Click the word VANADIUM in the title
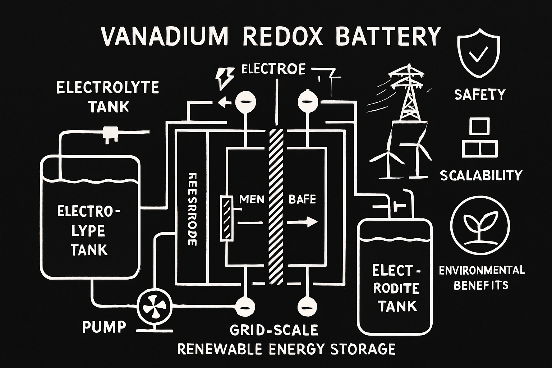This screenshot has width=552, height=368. click(x=164, y=36)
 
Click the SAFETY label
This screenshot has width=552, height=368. click(x=480, y=95)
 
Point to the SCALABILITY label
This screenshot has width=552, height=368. click(x=481, y=175)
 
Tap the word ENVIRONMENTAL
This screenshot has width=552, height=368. click(x=482, y=270)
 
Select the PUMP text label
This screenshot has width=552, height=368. click(x=104, y=327)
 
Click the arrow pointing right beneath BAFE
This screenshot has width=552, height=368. click(x=303, y=222)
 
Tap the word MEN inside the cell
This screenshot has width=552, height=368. click(x=252, y=199)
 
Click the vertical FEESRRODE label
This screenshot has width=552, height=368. click(x=192, y=208)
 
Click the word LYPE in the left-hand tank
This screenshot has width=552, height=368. click(x=88, y=231)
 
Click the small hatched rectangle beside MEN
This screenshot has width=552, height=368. click(x=226, y=218)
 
